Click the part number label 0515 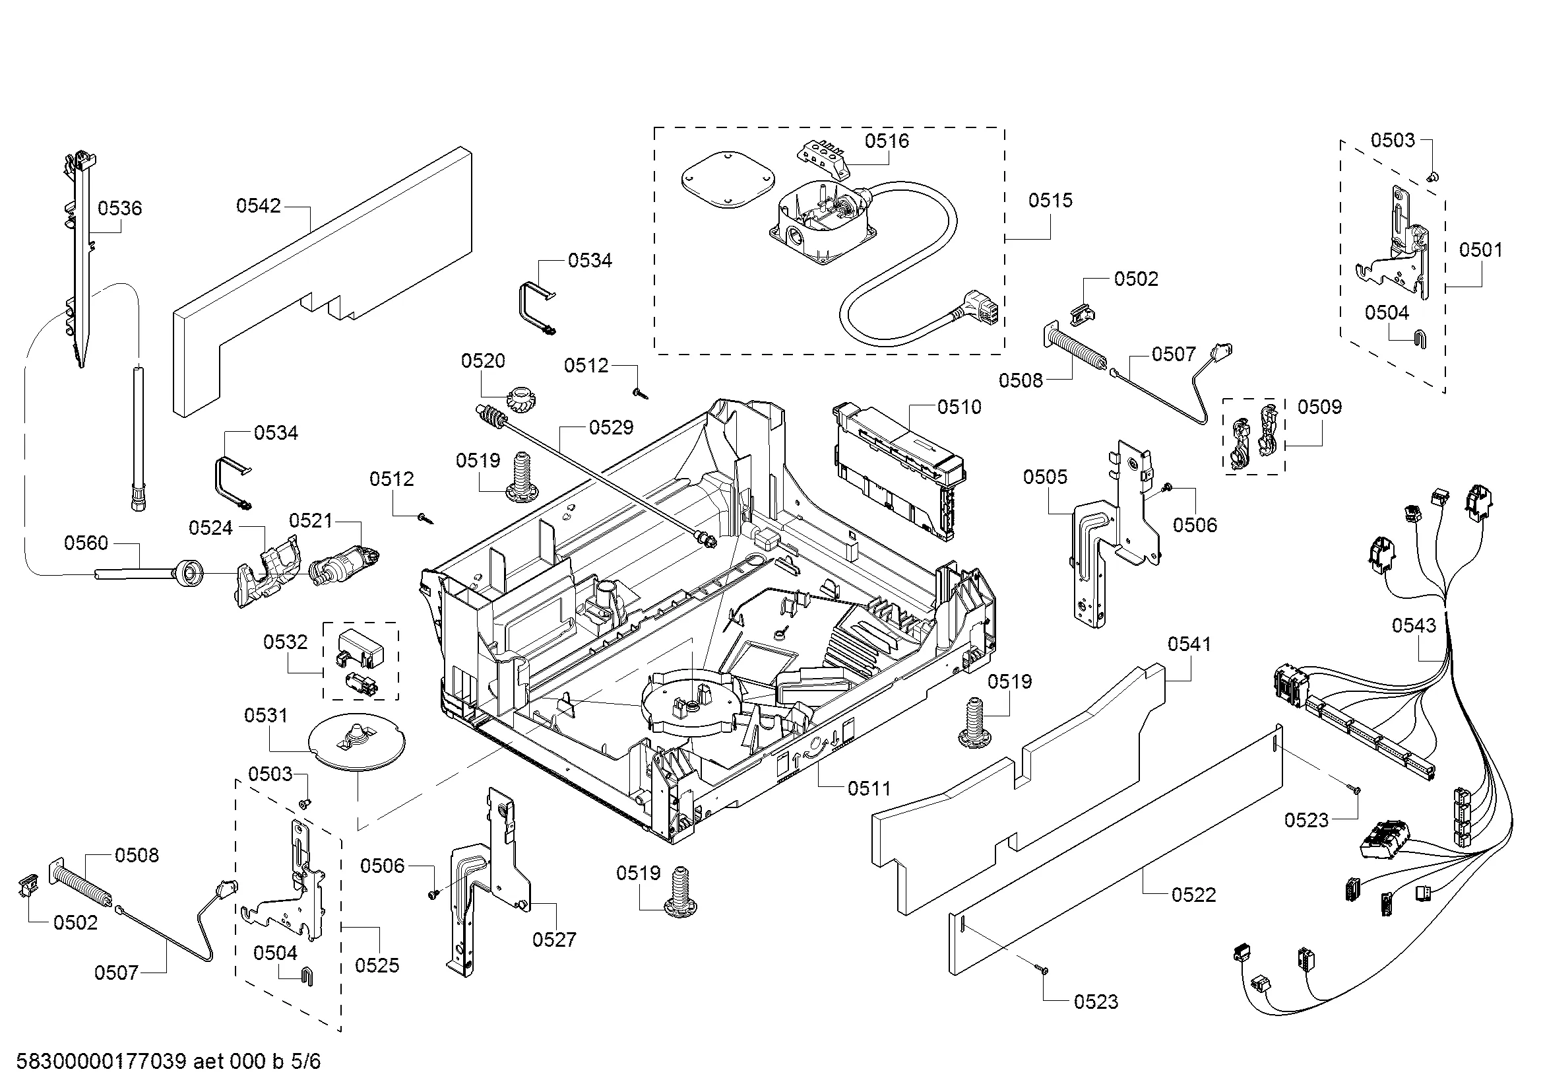[x=1050, y=201]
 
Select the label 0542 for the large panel [x=258, y=206]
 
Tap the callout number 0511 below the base [x=868, y=788]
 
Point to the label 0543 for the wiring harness [x=1413, y=625]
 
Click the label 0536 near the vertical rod [x=119, y=209]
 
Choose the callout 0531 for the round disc [x=265, y=716]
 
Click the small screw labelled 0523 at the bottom [x=1044, y=970]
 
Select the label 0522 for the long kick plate [x=1193, y=895]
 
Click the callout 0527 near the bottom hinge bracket [x=553, y=939]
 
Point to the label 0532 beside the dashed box [x=285, y=642]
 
